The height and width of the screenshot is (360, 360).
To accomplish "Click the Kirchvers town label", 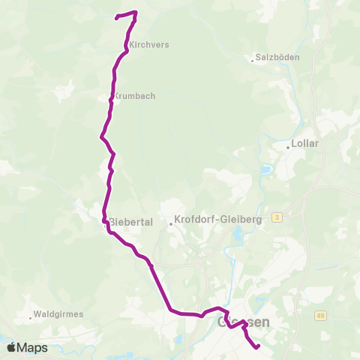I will [148, 45].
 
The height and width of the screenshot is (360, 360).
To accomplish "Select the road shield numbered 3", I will [277, 217].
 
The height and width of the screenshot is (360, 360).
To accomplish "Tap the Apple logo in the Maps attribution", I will [11, 347].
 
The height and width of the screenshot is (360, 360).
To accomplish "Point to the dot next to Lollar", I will [288, 148].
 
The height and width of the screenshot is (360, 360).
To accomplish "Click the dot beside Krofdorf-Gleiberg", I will [171, 222].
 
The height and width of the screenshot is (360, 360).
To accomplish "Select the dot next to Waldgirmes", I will [31, 317].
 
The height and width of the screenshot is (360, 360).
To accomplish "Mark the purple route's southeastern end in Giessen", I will [257, 347].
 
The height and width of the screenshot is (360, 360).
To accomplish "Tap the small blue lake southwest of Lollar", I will [265, 169].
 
